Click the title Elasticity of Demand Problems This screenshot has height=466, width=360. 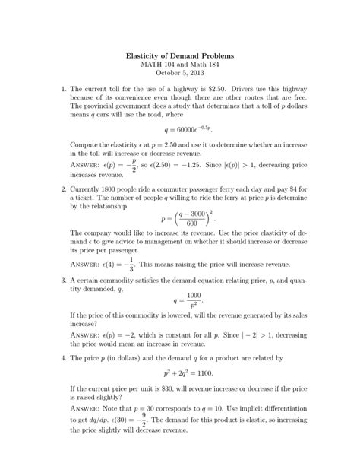pyautogui.click(x=180, y=57)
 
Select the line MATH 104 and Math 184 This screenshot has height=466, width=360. pyautogui.click(x=180, y=67)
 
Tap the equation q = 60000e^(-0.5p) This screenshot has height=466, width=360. pyautogui.click(x=180, y=130)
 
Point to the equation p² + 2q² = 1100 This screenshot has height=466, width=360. pyautogui.click(x=180, y=373)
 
